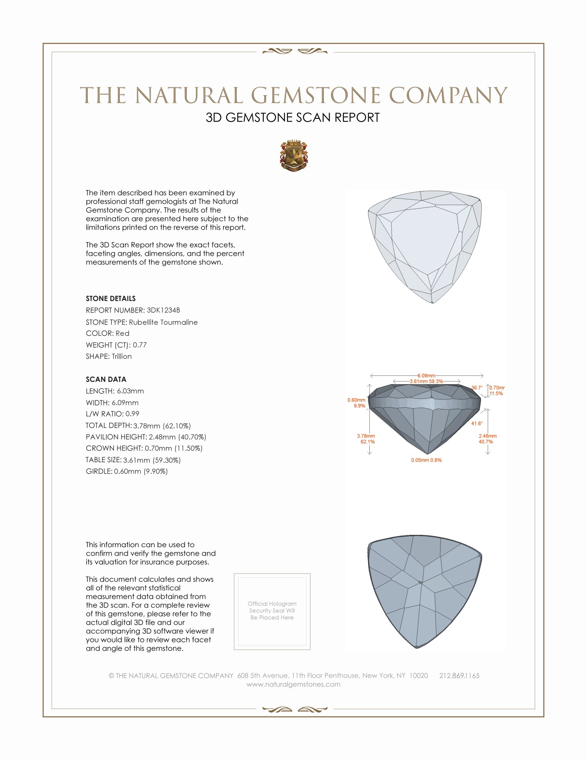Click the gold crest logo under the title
[x=294, y=156]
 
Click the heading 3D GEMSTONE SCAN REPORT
[x=292, y=117]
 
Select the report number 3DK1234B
[x=163, y=310]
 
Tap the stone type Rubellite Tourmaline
[x=163, y=322]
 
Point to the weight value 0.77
[x=140, y=345]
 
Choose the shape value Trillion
[x=122, y=357]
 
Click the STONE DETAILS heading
[x=110, y=298]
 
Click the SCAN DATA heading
[x=106, y=379]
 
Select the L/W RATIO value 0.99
[x=132, y=414]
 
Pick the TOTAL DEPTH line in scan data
[x=138, y=426]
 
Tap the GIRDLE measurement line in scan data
[x=127, y=471]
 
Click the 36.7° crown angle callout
[x=477, y=388]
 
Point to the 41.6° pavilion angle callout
[x=477, y=424]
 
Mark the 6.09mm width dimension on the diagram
[x=426, y=376]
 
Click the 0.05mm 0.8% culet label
[x=426, y=460]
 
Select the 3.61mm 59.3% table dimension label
[x=426, y=381]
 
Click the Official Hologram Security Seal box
[x=272, y=611]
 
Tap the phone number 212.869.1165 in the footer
[x=459, y=675]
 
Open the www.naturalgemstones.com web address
[x=293, y=684]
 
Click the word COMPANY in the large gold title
[x=448, y=95]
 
